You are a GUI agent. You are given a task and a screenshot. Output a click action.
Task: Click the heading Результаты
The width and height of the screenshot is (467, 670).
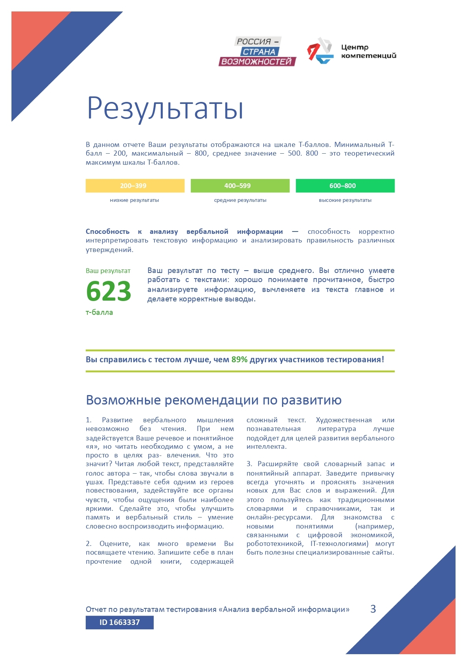165,108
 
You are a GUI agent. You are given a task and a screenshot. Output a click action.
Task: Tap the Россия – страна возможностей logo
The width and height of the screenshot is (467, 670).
257,51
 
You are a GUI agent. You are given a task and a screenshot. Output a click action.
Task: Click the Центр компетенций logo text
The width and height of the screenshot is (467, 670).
368,51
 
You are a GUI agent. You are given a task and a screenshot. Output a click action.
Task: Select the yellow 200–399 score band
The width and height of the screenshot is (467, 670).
135,186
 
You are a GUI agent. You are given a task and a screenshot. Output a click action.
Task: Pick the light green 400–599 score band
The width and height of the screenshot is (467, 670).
240,186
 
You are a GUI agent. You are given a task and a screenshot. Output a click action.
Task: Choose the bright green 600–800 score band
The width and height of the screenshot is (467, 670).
345,186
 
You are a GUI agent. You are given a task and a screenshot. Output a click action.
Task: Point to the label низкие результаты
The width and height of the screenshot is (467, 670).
134,200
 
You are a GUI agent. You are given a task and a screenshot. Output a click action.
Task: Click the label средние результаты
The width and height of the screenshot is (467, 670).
240,200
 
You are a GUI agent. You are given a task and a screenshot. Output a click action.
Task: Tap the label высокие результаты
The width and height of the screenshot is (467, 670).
345,200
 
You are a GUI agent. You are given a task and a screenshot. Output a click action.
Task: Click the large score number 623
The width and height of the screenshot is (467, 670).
109,291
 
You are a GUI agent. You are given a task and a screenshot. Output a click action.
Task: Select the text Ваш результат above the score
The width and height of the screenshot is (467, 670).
108,271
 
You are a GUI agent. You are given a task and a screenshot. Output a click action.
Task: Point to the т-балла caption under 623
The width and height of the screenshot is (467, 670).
99,312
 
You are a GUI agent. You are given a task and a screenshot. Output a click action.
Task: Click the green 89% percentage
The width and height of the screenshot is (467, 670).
239,359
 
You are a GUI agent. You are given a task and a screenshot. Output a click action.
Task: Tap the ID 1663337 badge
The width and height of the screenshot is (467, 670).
119,622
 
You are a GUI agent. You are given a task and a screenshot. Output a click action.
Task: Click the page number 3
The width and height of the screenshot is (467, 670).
373,609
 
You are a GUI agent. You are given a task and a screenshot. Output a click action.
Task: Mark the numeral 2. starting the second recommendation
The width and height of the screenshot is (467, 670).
89,544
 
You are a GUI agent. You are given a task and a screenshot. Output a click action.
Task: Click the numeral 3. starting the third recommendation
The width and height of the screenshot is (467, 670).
249,464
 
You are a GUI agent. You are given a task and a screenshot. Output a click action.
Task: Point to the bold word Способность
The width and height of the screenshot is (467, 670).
107,231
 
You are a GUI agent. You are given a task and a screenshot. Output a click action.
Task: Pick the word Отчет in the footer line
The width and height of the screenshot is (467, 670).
96,610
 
